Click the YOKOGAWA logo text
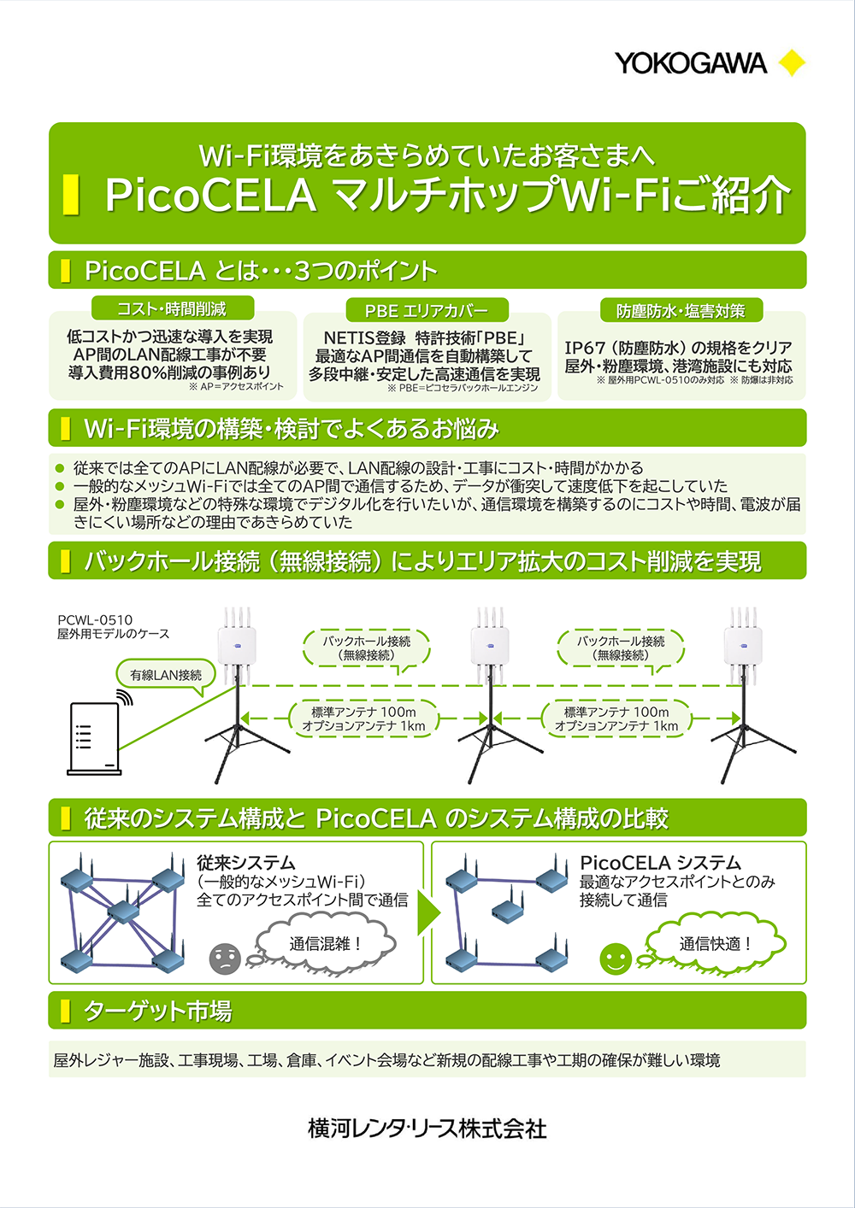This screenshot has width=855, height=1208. (x=690, y=63)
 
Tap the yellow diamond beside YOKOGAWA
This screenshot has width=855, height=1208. (x=792, y=63)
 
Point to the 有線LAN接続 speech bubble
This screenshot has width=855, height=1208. (x=166, y=675)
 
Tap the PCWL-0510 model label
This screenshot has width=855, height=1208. (x=95, y=620)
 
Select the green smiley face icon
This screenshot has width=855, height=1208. (x=615, y=959)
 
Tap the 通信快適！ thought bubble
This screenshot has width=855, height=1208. (x=716, y=943)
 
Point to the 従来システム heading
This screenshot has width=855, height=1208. (x=245, y=863)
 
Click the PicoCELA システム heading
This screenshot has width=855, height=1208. (x=660, y=863)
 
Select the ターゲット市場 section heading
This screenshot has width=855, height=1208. (x=157, y=1012)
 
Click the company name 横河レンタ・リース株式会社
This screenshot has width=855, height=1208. (x=427, y=1129)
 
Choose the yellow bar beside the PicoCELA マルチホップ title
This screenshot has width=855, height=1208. (x=72, y=195)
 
